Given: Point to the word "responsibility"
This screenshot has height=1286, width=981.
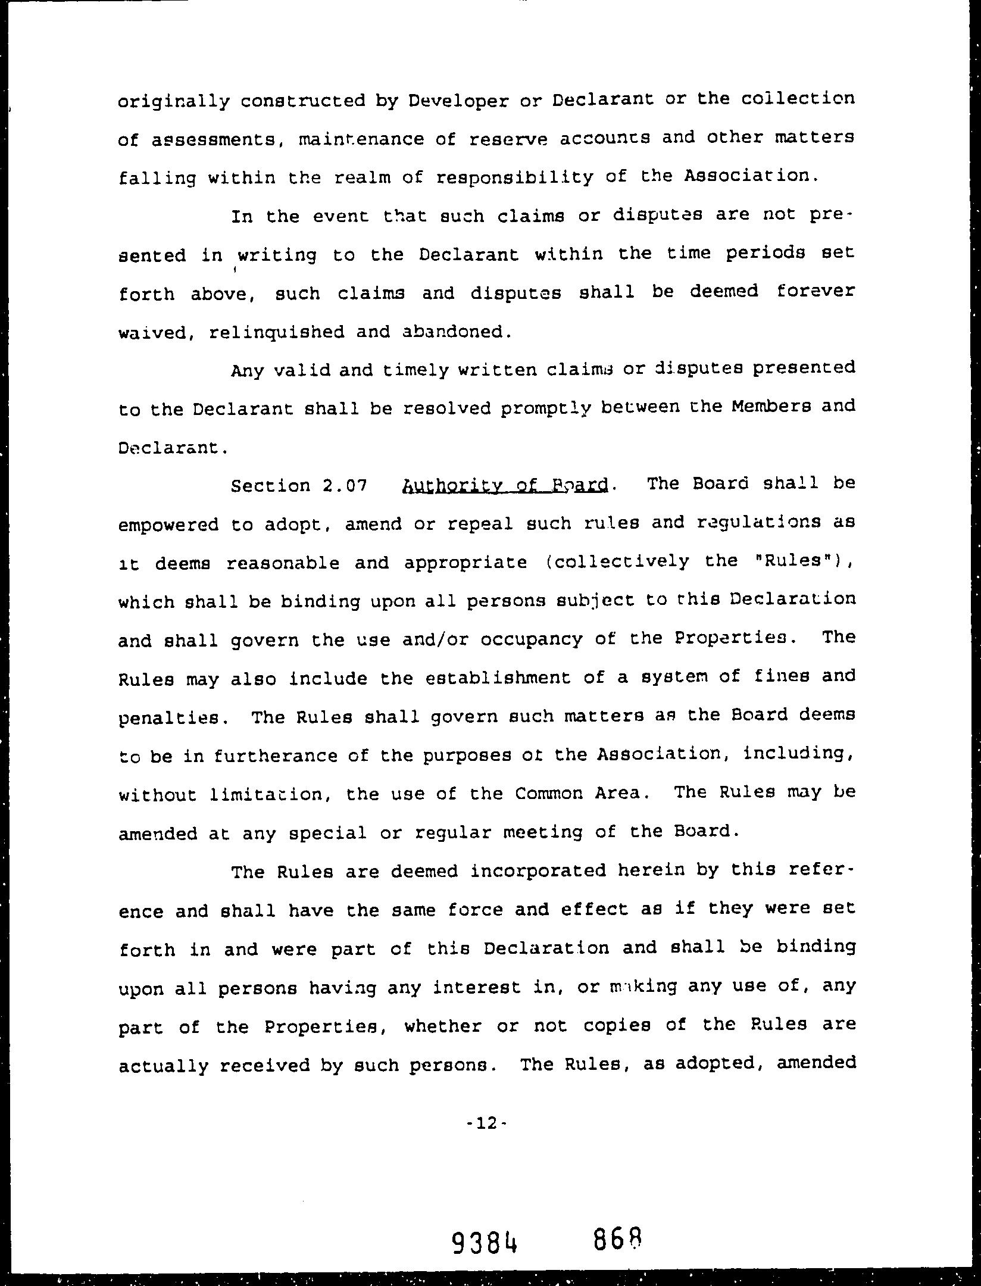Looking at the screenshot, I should tap(514, 177).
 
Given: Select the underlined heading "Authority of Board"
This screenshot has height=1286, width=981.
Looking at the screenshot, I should tap(506, 485).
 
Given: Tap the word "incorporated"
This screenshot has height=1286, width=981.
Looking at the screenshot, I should tap(538, 872).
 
